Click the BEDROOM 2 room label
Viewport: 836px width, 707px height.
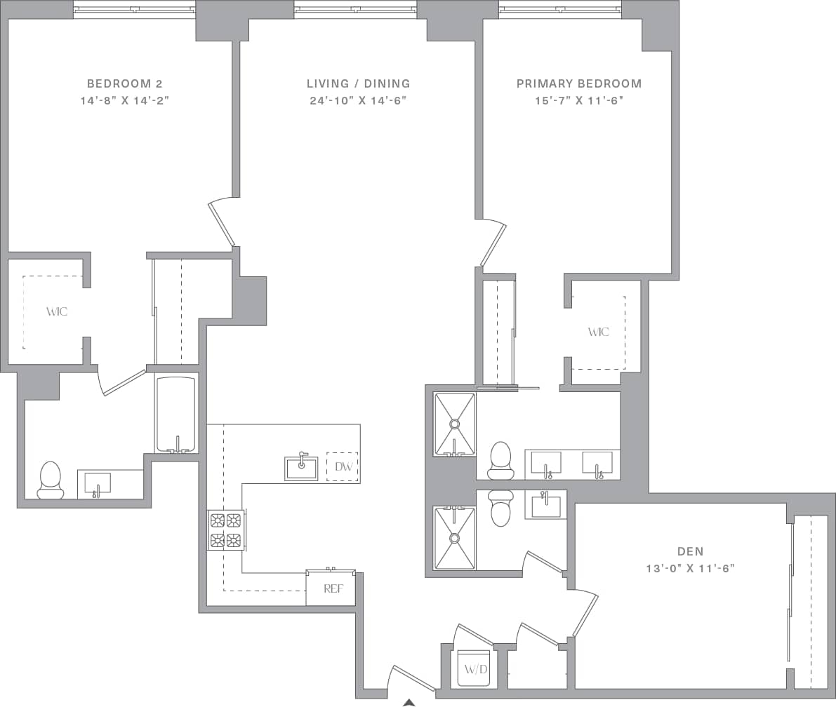[124, 83]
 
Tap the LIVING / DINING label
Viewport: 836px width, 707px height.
[358, 83]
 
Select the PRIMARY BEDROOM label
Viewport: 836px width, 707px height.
[578, 83]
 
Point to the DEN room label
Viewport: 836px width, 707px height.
[690, 552]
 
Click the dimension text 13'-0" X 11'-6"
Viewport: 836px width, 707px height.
[690, 569]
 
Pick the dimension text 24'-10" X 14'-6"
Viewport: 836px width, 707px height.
[358, 100]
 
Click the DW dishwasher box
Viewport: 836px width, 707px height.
[343, 466]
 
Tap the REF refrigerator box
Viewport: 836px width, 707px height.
[333, 589]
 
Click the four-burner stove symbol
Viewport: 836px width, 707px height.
[225, 530]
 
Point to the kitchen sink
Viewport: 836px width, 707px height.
[301, 468]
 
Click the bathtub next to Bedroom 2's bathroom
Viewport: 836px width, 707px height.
[176, 415]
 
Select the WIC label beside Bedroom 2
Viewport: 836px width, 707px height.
[57, 311]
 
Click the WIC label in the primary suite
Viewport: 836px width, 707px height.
[598, 332]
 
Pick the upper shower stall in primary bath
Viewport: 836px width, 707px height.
[454, 423]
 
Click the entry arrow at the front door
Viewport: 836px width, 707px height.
[409, 702]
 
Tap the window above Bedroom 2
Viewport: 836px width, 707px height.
[134, 10]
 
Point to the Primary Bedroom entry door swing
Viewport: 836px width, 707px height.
[494, 243]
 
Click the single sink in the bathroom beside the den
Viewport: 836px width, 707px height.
[545, 505]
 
